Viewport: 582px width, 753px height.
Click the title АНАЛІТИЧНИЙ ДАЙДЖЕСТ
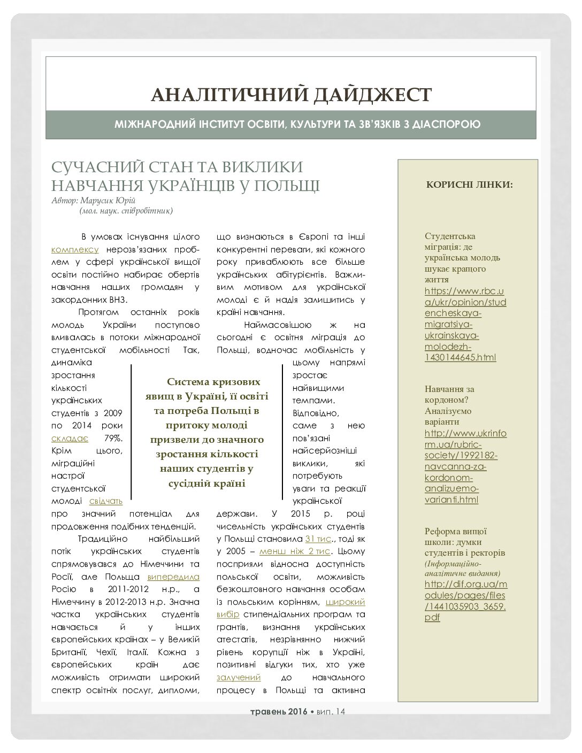(291, 95)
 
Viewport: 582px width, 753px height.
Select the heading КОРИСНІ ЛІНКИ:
(469, 185)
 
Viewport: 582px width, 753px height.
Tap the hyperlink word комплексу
(75, 249)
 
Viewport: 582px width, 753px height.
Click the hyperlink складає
(70, 438)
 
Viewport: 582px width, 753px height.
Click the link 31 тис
(319, 539)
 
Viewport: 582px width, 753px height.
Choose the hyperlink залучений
(239, 677)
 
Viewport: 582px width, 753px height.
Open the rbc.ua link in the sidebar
(464, 324)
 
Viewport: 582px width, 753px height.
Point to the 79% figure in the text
(113, 438)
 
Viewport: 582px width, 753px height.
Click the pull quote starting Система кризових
(206, 432)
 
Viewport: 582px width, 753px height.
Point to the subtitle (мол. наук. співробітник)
(126, 211)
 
